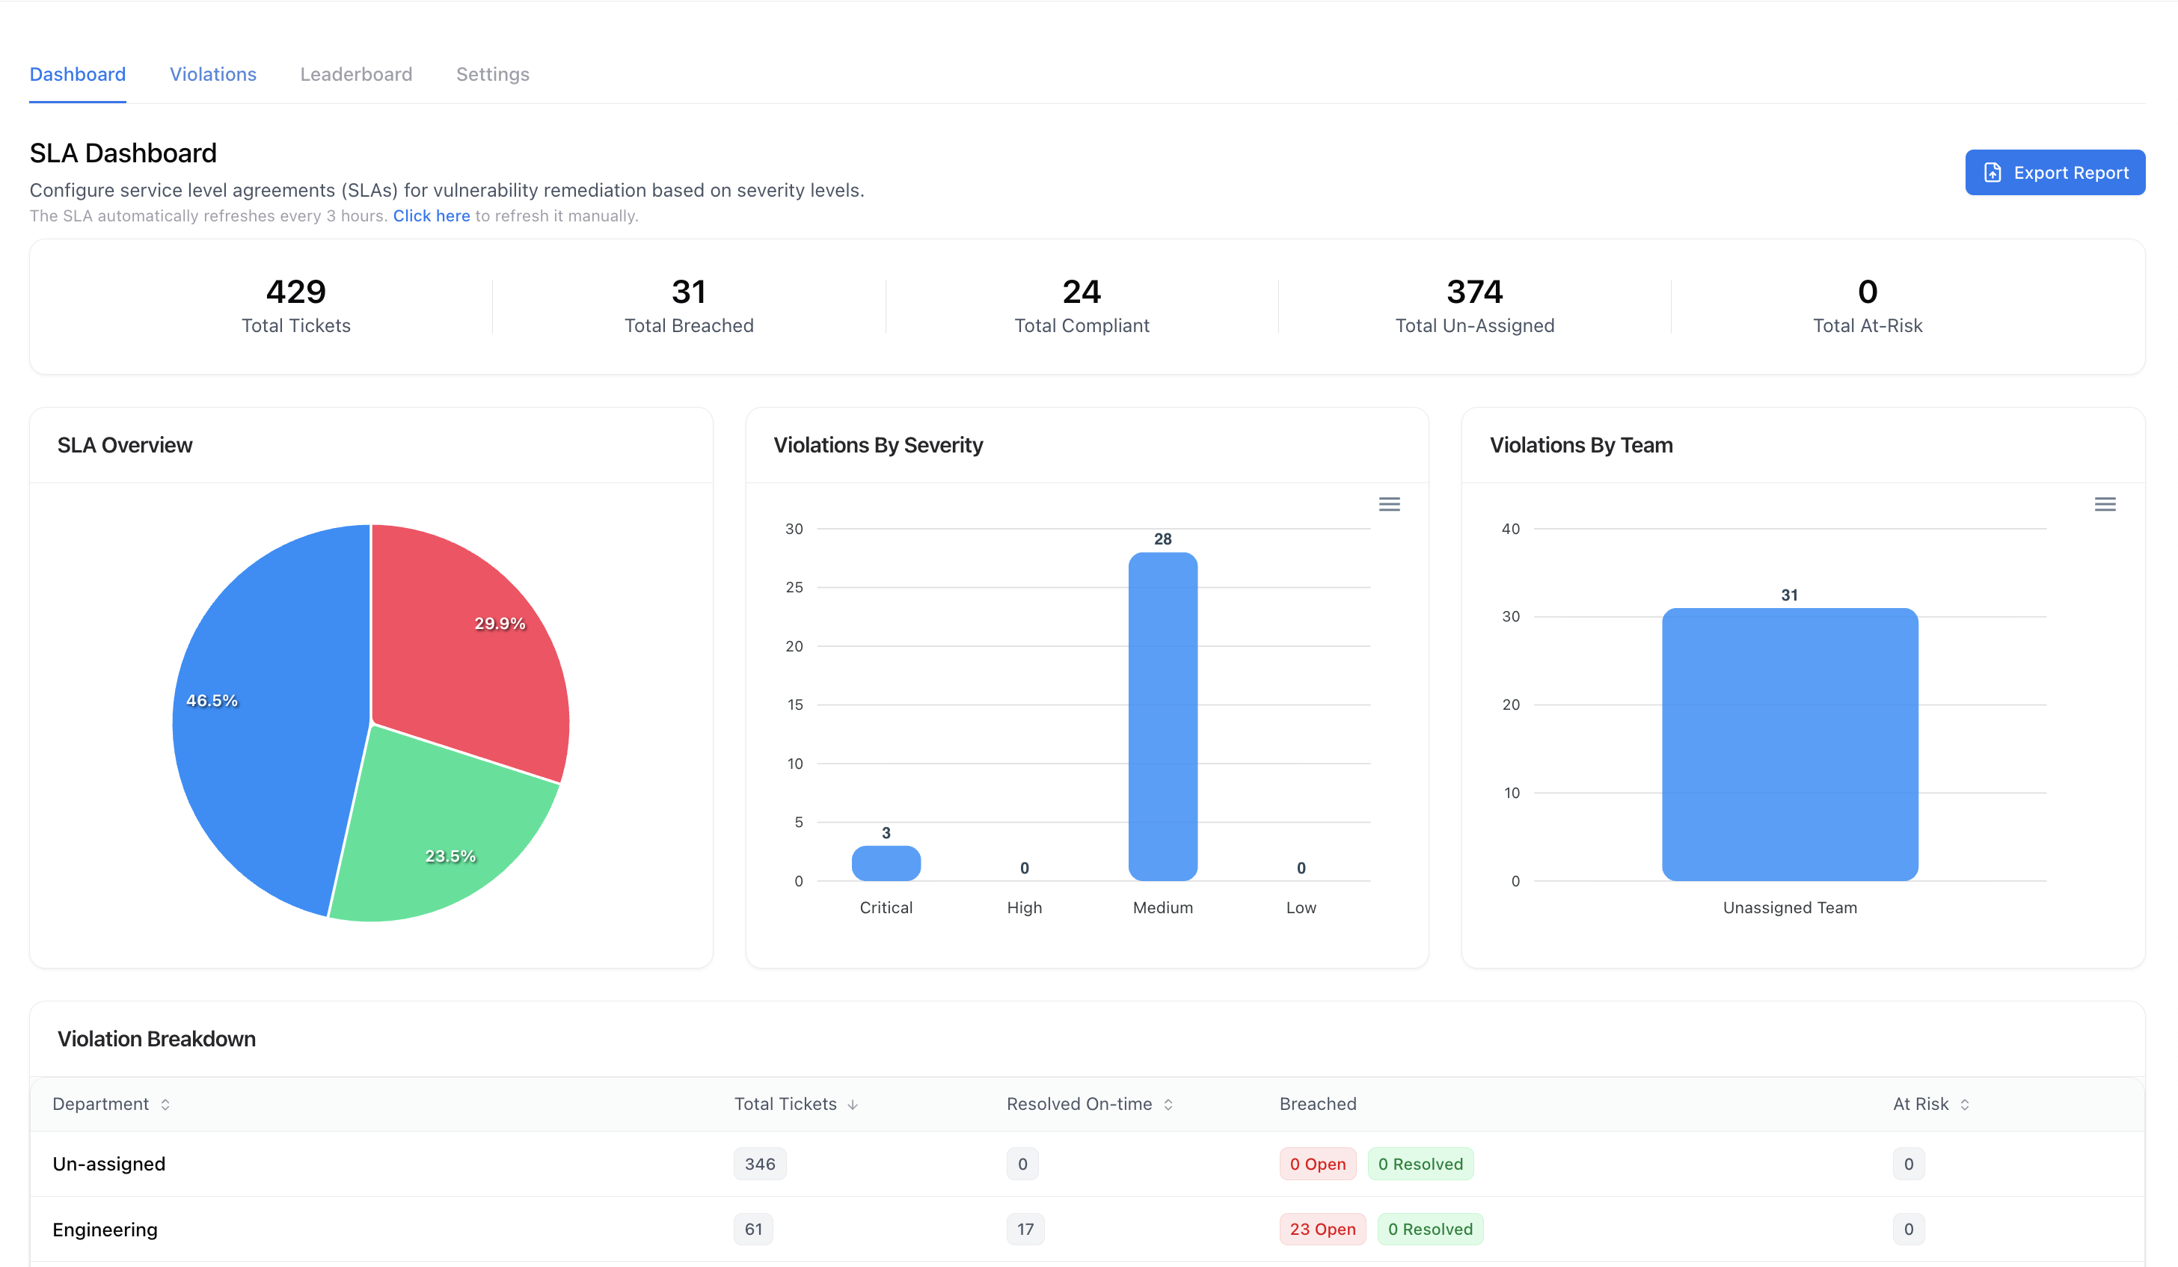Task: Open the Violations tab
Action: coord(212,74)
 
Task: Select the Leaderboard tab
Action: coord(355,74)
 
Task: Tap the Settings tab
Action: coord(492,74)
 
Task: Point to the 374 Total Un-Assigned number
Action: coord(1473,292)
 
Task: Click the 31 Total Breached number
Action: coord(688,292)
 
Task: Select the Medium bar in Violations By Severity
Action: coord(1162,717)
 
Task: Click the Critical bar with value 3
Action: coord(885,863)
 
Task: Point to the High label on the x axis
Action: coord(1023,907)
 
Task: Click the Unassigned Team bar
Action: coord(1789,743)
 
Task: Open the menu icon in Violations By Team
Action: coord(2104,504)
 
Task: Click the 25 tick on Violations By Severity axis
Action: coord(794,588)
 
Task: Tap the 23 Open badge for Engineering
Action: coord(1322,1229)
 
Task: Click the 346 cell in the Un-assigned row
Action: coord(759,1164)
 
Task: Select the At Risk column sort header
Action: coord(1929,1104)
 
